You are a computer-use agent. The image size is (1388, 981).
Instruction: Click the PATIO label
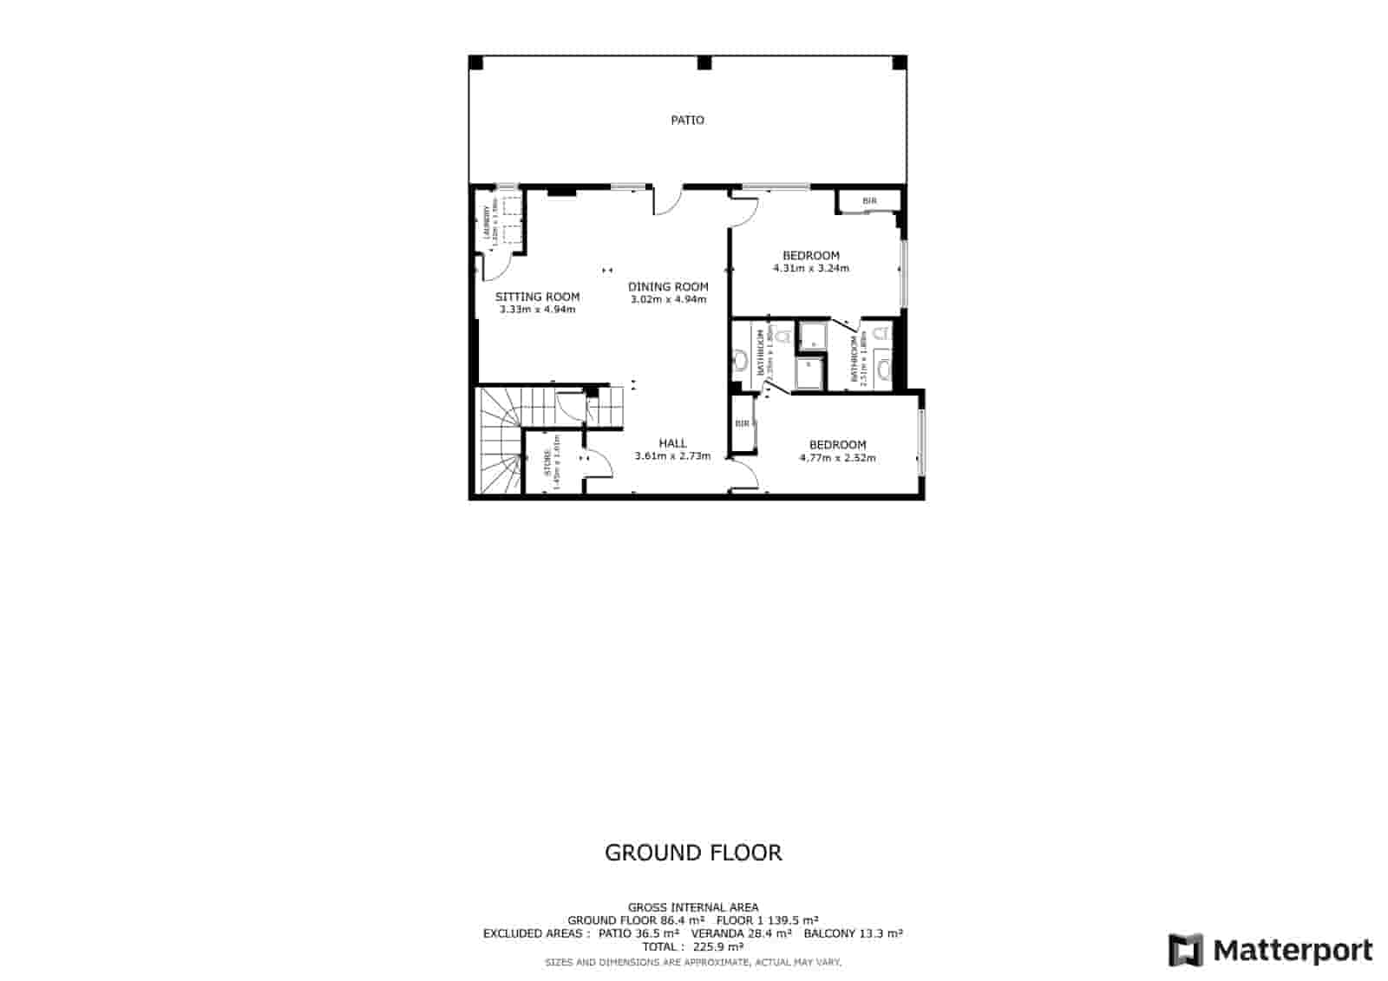click(x=687, y=121)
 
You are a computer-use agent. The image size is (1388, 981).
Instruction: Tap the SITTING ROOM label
click(x=537, y=297)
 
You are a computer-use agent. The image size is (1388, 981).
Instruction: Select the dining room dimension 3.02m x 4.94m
click(x=668, y=299)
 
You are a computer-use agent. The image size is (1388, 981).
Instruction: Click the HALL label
click(x=672, y=443)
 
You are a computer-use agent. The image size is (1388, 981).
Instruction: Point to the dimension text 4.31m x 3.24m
click(x=810, y=268)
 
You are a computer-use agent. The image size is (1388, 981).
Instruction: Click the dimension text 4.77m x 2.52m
click(x=837, y=457)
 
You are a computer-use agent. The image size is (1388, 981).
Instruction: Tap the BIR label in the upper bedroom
click(x=869, y=201)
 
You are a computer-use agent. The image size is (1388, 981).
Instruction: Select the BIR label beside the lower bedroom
click(x=742, y=424)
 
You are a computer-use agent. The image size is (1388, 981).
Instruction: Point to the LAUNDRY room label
click(x=487, y=226)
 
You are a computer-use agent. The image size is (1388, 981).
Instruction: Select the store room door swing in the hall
click(x=599, y=463)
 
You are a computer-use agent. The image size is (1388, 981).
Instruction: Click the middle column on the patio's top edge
click(x=704, y=62)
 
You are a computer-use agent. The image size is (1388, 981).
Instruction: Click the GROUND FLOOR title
click(x=693, y=853)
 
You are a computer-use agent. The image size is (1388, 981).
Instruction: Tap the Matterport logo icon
click(x=1186, y=950)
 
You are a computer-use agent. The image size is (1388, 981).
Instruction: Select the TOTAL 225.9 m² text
click(x=692, y=946)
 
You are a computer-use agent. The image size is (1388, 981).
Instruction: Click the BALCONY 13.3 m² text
click(x=853, y=933)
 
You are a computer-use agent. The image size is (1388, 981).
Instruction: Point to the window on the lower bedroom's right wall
click(x=922, y=442)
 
